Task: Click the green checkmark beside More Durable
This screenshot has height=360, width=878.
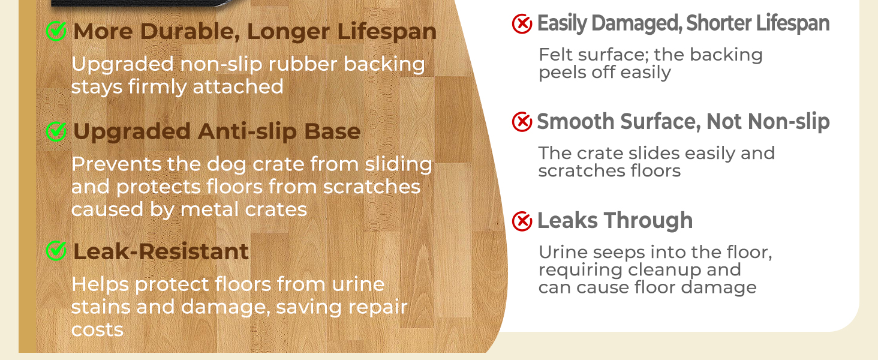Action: pyautogui.click(x=56, y=31)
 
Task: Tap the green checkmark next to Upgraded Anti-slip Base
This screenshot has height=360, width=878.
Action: pyautogui.click(x=56, y=131)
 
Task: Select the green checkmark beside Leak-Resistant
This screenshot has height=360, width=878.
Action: pyautogui.click(x=56, y=251)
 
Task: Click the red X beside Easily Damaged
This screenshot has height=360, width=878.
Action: pyautogui.click(x=522, y=24)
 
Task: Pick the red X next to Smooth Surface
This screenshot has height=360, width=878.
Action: pyautogui.click(x=522, y=122)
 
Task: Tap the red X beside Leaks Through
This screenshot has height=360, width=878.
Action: pyautogui.click(x=522, y=221)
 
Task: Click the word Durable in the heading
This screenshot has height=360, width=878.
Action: pyautogui.click(x=190, y=31)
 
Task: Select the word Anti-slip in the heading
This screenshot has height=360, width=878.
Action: pyautogui.click(x=247, y=132)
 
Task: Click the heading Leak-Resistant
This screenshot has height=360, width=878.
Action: pyautogui.click(x=161, y=251)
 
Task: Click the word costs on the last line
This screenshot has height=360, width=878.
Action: pyautogui.click(x=97, y=330)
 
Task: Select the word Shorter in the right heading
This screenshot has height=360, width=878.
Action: pyautogui.click(x=718, y=23)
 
